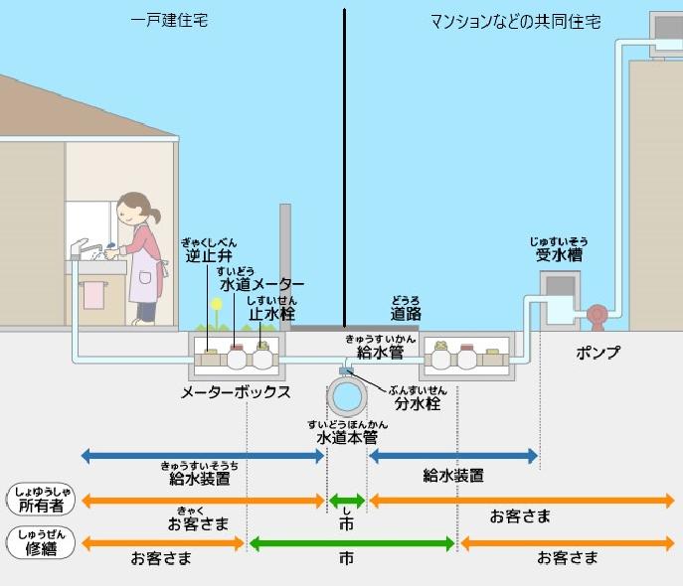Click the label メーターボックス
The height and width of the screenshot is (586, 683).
tap(236, 391)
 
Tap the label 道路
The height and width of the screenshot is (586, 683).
tap(405, 314)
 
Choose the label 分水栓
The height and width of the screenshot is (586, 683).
tap(416, 404)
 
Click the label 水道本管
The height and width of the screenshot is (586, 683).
tap(346, 438)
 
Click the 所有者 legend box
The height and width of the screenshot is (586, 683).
tap(39, 501)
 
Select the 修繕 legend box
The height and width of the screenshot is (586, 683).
tap(39, 544)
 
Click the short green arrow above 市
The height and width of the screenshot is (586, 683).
tap(347, 501)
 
